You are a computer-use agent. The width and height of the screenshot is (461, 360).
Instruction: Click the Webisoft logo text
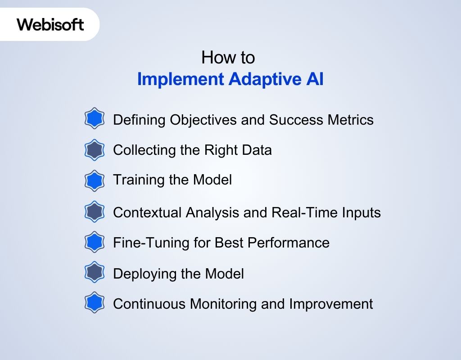(50, 24)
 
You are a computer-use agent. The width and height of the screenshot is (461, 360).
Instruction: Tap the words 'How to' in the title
(228, 58)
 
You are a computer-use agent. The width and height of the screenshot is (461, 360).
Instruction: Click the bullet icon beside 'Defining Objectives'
(94, 119)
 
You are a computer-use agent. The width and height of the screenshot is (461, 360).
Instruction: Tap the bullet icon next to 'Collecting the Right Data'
(94, 150)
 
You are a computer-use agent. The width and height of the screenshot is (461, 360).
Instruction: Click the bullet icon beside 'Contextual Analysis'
(94, 212)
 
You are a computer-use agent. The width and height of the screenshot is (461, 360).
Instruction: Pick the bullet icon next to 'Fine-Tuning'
(94, 243)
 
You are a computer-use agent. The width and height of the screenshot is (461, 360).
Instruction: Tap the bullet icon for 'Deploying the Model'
(94, 273)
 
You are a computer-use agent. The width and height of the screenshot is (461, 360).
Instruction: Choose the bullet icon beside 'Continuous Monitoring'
(94, 304)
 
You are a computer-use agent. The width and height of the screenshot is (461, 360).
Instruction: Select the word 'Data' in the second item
(256, 150)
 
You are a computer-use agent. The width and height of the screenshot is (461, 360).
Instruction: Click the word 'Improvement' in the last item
(330, 304)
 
